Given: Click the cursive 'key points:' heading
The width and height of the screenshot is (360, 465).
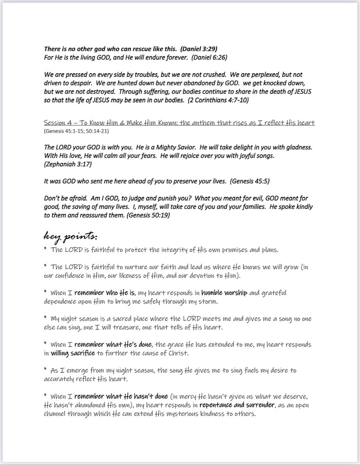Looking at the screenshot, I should tap(70, 236).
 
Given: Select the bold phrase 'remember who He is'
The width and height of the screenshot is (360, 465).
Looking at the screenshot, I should tap(106, 293).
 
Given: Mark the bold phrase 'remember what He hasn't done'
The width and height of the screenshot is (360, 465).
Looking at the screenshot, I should tap(121, 396).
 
